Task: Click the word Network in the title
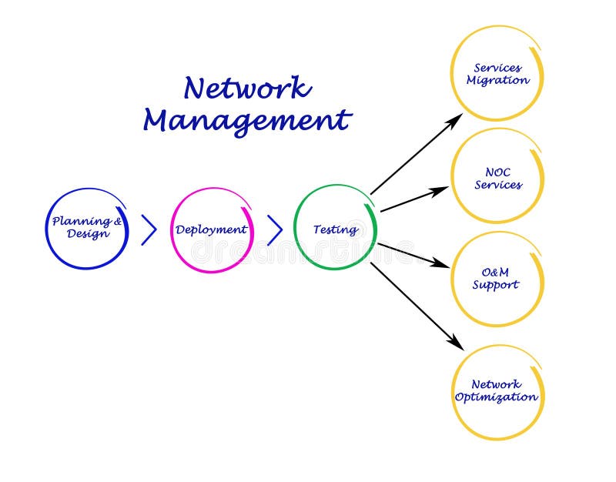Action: (x=247, y=89)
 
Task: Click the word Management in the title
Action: (x=247, y=121)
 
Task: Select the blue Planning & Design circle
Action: (x=87, y=228)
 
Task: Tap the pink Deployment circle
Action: (x=211, y=229)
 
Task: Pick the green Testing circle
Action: (x=335, y=229)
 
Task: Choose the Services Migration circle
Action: (x=497, y=74)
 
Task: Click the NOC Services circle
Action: (x=497, y=178)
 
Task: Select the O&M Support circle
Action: (x=497, y=279)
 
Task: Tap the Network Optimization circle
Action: (x=497, y=391)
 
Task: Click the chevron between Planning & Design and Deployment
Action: (x=149, y=229)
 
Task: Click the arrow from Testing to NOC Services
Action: (x=414, y=199)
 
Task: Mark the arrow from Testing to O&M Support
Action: (x=413, y=255)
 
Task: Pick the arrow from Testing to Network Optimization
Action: (x=416, y=305)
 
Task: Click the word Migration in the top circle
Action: (x=497, y=81)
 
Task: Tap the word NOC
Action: (x=497, y=172)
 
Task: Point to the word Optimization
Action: (x=497, y=398)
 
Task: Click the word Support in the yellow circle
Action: (x=496, y=286)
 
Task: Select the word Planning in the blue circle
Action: (x=82, y=221)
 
